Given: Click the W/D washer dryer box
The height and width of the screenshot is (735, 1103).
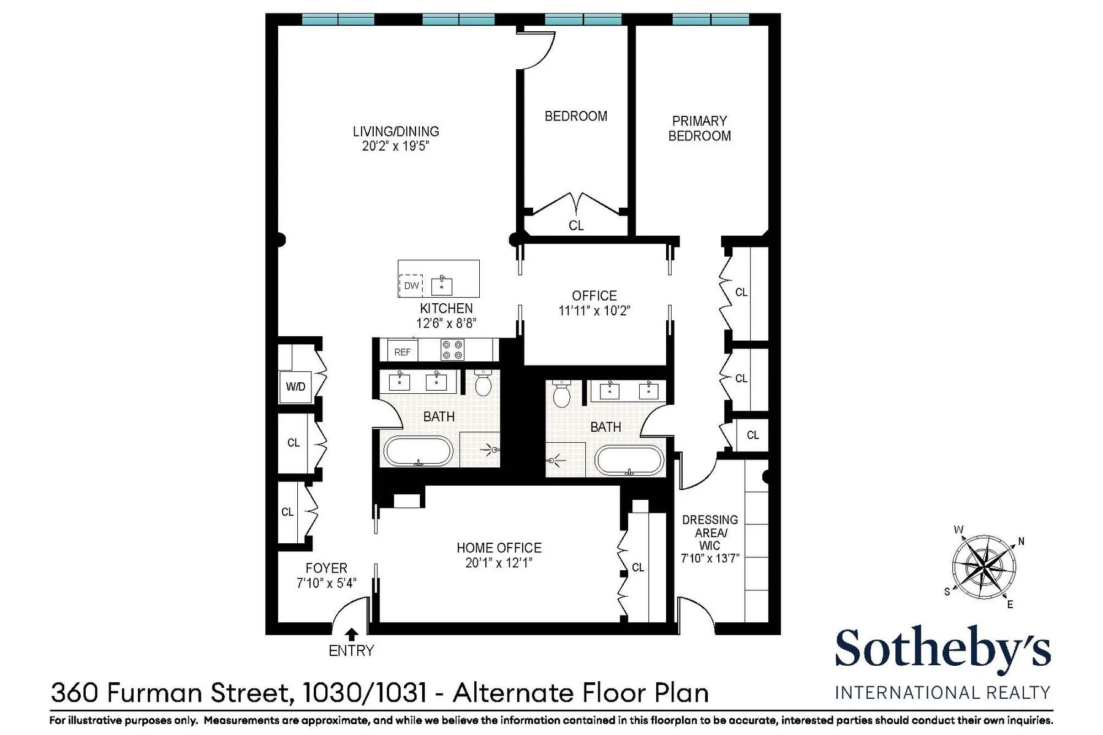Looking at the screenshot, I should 295,386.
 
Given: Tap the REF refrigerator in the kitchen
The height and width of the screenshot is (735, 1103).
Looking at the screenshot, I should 403,352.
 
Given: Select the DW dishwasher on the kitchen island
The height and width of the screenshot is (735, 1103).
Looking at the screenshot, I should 411,285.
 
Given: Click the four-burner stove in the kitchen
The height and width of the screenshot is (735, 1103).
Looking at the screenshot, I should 452,350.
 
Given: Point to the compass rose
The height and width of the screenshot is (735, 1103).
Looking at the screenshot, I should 983,567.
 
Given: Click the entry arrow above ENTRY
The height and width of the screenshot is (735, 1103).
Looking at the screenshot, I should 352,635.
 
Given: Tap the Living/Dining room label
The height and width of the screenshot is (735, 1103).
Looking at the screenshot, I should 396,131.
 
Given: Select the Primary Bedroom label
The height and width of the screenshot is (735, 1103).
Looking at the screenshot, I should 699,129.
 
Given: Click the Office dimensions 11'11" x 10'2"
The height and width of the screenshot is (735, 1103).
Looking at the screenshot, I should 594,311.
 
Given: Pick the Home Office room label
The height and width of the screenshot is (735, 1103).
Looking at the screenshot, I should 499,548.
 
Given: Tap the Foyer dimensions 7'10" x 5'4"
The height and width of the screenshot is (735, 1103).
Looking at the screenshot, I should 326,583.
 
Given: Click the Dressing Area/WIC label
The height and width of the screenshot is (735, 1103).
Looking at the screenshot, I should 710,532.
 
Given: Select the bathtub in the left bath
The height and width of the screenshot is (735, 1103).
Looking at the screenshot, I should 419,451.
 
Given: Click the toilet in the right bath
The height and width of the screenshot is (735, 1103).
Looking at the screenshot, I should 561,394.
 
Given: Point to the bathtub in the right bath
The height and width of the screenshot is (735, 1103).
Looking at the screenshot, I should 629,460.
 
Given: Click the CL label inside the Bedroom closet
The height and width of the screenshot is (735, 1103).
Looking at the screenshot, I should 576,225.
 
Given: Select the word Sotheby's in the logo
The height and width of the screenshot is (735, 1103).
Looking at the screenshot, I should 942,650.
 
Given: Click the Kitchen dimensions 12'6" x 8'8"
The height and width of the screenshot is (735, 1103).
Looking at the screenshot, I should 446,323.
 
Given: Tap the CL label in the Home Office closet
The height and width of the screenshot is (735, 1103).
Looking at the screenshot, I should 638,568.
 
